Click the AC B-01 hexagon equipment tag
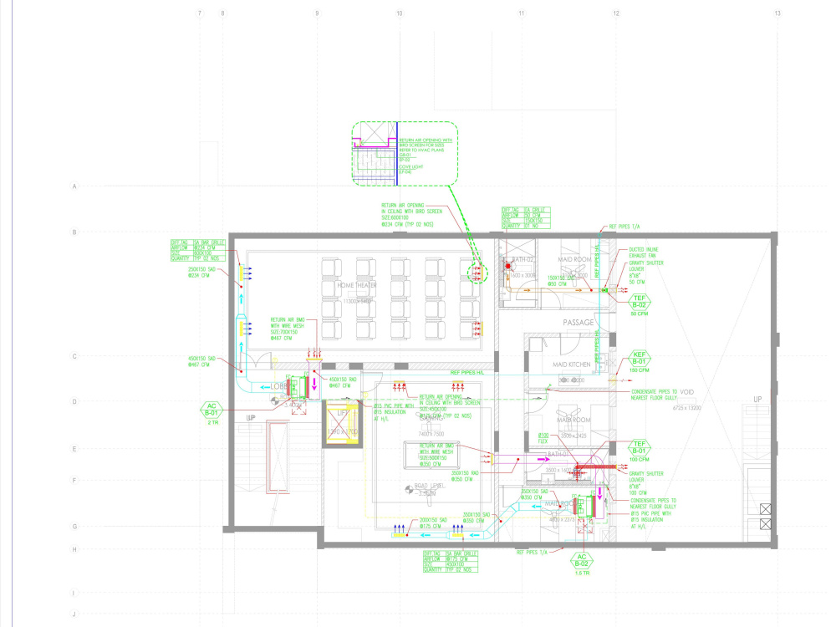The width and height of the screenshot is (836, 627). point(212,411)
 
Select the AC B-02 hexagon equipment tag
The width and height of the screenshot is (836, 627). point(582,561)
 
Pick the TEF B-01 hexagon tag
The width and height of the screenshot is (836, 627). point(639,448)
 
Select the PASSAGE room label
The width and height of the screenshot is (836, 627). point(578,323)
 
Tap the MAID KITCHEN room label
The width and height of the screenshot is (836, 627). point(572,365)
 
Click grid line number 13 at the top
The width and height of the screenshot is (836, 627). point(777,13)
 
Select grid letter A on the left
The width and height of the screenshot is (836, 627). point(74,186)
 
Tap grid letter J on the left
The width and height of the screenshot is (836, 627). point(74,614)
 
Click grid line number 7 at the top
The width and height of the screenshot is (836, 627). point(199,13)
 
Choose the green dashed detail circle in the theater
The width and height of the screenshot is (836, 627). point(477,273)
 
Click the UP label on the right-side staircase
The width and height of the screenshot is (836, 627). point(758,399)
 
